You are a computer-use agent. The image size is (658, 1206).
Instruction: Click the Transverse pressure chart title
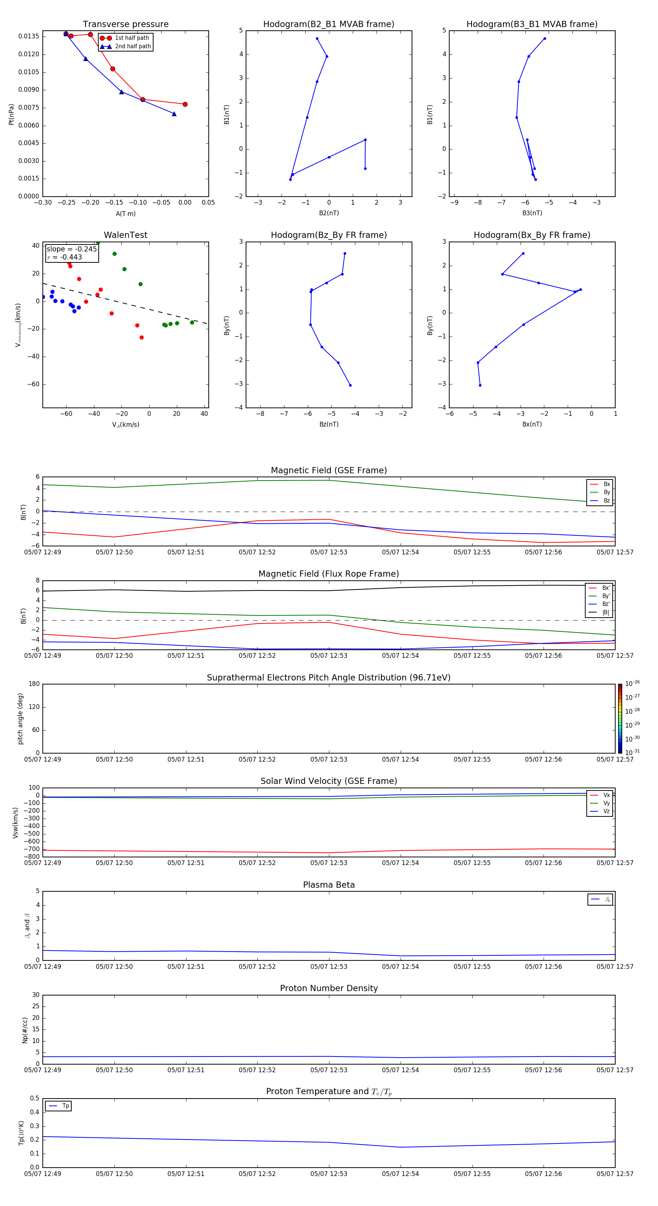click(125, 24)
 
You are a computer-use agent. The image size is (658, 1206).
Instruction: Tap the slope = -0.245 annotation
click(72, 249)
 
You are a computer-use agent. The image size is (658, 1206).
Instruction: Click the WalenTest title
click(125, 235)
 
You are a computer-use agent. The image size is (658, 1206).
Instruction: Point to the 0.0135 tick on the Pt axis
click(29, 37)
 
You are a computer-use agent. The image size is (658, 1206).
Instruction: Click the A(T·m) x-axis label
click(125, 214)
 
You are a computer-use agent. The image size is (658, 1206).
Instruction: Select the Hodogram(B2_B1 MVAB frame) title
click(328, 24)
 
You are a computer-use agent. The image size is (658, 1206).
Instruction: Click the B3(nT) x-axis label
click(532, 213)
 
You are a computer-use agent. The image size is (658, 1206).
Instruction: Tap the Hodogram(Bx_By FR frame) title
click(532, 235)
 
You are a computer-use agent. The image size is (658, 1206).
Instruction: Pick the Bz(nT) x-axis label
click(329, 424)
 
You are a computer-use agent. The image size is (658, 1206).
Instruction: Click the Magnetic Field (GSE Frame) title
click(329, 470)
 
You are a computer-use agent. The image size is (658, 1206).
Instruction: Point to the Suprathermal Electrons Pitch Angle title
click(329, 678)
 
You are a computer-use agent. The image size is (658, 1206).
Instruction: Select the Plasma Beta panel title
click(329, 885)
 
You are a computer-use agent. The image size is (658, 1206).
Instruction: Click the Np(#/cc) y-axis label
click(25, 1030)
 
